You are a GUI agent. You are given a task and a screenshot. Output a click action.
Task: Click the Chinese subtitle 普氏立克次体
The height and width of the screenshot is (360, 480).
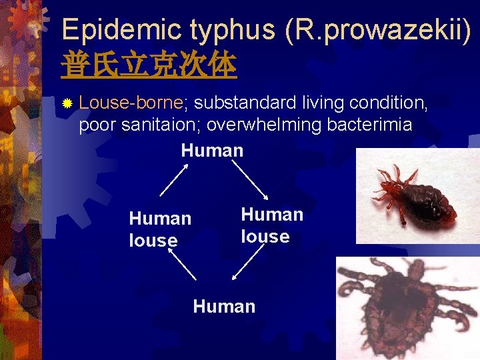(x=149, y=65)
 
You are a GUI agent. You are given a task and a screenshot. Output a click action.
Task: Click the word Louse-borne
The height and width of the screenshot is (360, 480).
(x=131, y=103)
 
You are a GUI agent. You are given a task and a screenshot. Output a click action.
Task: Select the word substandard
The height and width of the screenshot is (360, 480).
(x=246, y=103)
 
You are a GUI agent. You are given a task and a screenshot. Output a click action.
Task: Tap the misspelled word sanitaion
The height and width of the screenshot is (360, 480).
(x=161, y=125)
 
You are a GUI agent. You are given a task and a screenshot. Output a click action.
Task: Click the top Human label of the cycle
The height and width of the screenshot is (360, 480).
(x=212, y=150)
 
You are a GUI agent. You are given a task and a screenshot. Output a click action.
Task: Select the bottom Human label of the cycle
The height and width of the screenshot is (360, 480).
(x=224, y=307)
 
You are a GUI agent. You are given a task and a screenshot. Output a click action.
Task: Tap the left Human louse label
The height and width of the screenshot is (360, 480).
(x=159, y=229)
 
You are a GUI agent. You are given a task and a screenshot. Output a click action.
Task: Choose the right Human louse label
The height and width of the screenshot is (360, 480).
(x=271, y=225)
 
